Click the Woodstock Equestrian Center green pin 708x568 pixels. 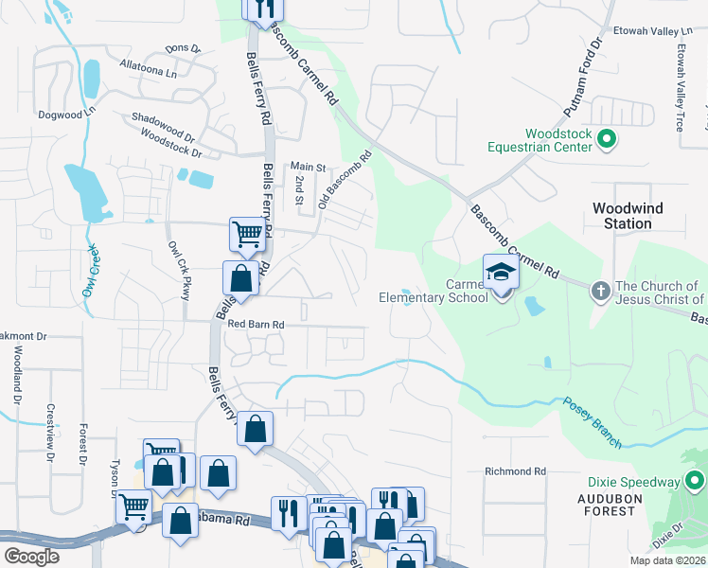(608, 140)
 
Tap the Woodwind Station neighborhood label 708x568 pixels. (628, 216)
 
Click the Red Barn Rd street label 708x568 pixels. (257, 325)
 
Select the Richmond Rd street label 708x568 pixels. (515, 470)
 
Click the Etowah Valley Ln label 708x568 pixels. (652, 31)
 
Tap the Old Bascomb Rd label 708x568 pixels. (345, 180)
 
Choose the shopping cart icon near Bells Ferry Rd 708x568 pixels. (247, 233)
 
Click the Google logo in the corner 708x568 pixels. (31, 557)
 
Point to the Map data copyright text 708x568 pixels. (667, 560)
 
